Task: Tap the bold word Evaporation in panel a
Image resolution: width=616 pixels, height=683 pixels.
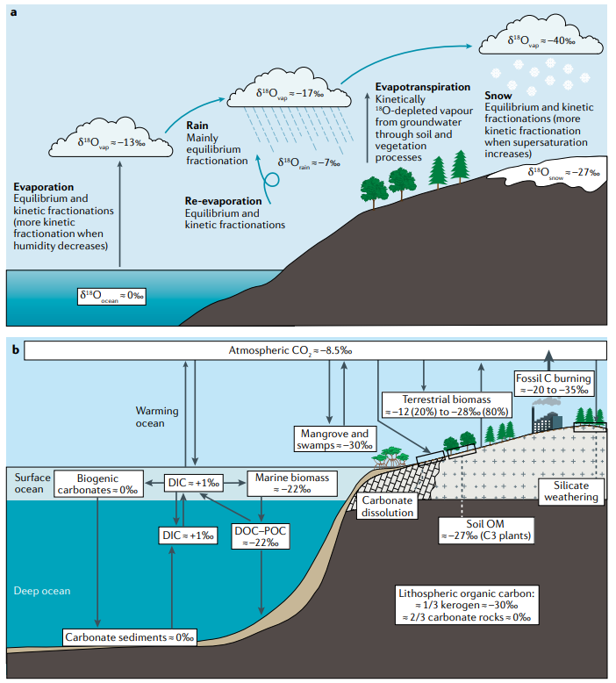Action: point(44,187)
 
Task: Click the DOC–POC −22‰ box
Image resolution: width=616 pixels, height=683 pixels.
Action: point(261,537)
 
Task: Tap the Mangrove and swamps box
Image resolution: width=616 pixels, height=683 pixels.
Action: point(336,438)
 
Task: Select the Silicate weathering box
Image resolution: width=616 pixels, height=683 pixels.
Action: point(569,491)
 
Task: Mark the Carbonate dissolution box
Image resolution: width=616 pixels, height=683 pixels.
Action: point(387,506)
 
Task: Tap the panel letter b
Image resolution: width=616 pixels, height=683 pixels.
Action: point(14,349)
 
